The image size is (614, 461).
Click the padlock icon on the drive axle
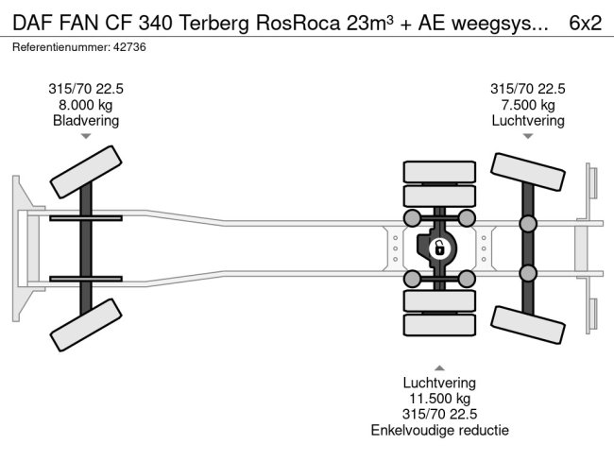438,249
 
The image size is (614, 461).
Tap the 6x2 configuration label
586,24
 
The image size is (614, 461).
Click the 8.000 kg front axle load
86,105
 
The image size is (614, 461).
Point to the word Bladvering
86,121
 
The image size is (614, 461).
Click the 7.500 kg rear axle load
528,105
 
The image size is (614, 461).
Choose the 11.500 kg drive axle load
439,399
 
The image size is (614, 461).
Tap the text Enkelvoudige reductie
439,431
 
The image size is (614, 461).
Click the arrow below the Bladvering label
86,137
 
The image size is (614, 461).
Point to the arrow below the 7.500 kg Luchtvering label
528,137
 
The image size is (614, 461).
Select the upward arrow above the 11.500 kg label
439,367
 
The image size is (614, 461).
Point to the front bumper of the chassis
21,248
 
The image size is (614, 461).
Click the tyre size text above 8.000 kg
86,89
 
